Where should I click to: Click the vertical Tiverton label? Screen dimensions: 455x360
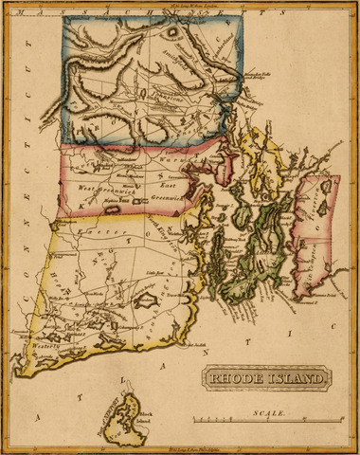[x=304, y=209]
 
